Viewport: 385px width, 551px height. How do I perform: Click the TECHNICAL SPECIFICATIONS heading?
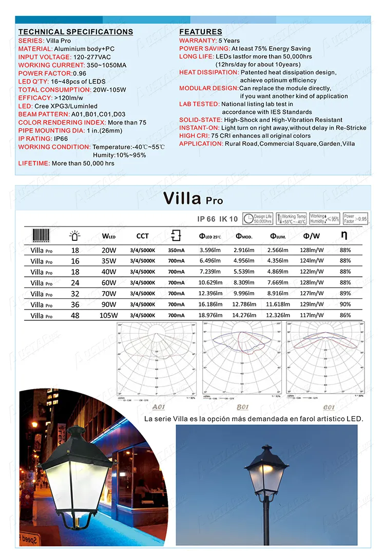tap(75, 32)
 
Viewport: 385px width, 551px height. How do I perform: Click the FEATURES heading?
tap(200, 32)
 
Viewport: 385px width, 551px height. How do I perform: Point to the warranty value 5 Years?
tap(228, 40)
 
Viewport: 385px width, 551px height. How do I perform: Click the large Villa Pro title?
tap(192, 198)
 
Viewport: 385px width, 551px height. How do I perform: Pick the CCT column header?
tap(142, 236)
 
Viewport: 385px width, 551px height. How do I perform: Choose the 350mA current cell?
tap(176, 250)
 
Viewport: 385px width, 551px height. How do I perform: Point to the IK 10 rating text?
tap(228, 219)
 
